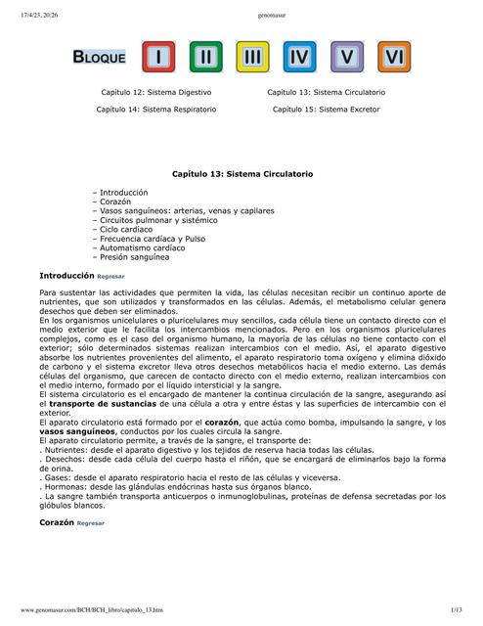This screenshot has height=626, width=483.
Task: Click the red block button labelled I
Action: pos(157,58)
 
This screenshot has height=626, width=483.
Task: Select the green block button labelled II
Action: pos(204,58)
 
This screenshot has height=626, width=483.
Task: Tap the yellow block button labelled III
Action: pos(252,58)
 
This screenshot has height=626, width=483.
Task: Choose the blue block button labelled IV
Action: pos(300,58)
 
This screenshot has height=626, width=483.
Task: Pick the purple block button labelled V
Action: pos(347,58)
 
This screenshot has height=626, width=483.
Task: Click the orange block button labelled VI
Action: pos(394,58)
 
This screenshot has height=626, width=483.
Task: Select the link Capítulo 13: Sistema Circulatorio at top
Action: pos(326,92)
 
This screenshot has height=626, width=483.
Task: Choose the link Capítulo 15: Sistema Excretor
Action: pos(326,110)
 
